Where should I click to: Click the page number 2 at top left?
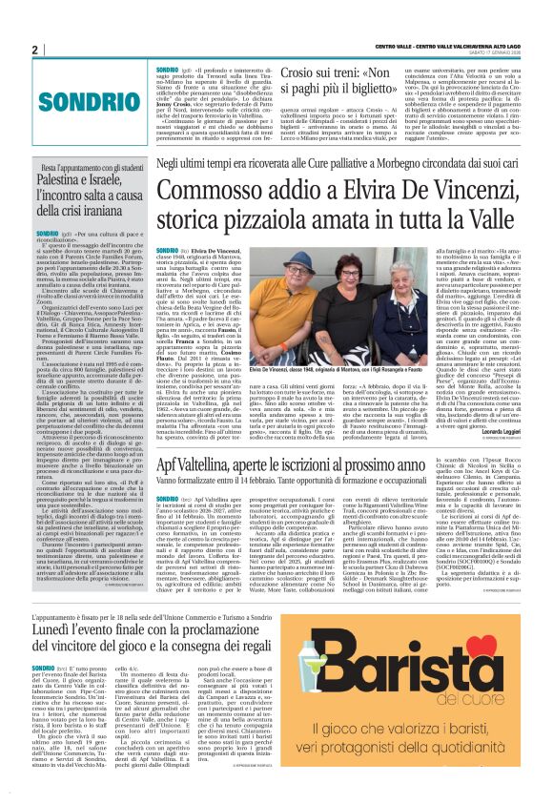pyautogui.click(x=33, y=50)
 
